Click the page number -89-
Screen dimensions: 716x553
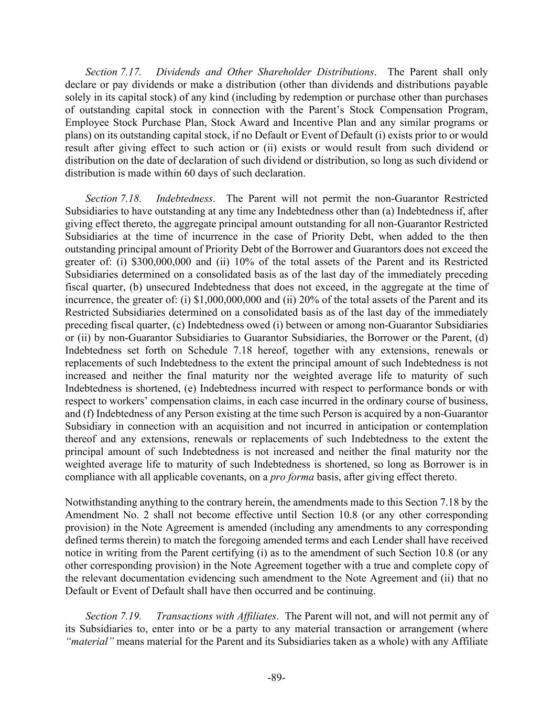coord(276,677)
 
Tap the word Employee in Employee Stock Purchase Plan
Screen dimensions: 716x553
coord(87,123)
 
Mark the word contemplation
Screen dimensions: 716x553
coord(453,426)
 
